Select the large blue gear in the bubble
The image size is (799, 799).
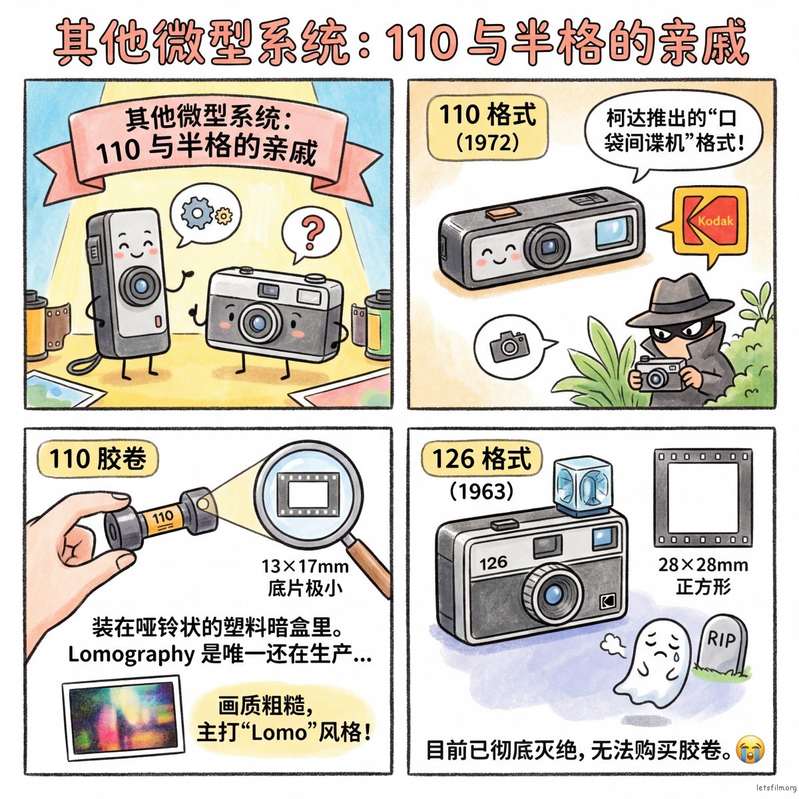click(x=197, y=212)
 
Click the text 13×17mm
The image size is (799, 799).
click(x=304, y=566)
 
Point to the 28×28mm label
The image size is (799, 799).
click(x=703, y=565)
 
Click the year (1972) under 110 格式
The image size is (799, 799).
click(x=487, y=143)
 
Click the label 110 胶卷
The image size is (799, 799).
click(x=98, y=459)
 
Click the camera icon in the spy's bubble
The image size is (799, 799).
click(x=509, y=346)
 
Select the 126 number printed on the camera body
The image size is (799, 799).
click(x=493, y=563)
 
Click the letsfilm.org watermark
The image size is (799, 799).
click(x=776, y=788)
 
